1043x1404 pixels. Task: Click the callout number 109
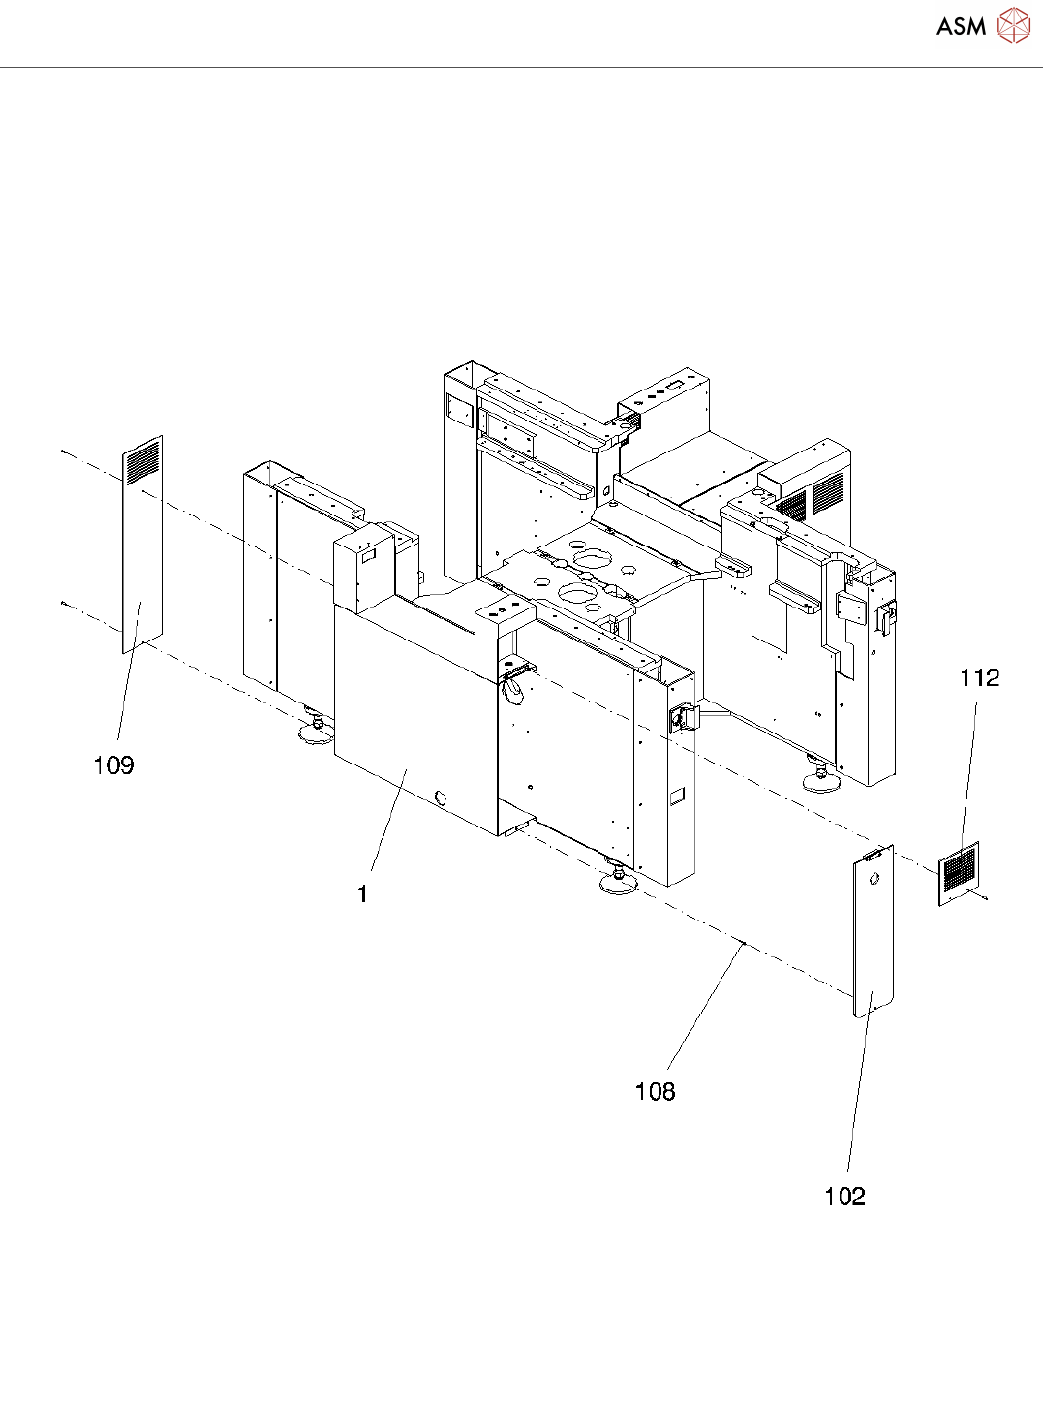(113, 765)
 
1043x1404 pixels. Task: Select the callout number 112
(979, 677)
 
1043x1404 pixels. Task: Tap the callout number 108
(655, 1092)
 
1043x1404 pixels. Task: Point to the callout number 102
(844, 1197)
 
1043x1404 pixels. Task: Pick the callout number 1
(362, 893)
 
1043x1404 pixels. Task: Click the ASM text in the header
(961, 27)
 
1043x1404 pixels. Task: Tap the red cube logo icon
(1014, 26)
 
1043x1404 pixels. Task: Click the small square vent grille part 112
(959, 872)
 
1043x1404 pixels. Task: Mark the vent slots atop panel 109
(142, 461)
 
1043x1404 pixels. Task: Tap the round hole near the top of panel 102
(874, 880)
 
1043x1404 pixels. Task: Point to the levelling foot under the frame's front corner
(617, 880)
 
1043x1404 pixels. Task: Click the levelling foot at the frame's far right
(820, 779)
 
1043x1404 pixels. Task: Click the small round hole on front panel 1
(442, 798)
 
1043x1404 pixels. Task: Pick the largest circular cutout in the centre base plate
(591, 559)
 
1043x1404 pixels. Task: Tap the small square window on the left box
(368, 556)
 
